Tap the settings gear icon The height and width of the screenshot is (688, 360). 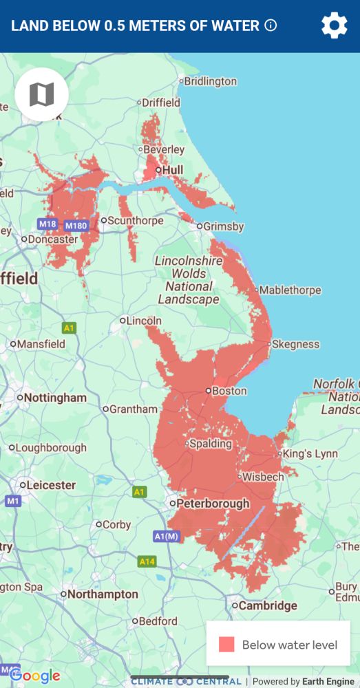(x=335, y=26)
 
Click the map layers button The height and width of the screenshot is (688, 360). (x=41, y=95)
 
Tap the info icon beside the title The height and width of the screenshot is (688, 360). (x=271, y=26)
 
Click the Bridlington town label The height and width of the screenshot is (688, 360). (x=211, y=81)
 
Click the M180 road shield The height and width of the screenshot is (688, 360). (x=76, y=226)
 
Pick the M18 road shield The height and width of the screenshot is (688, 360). (x=47, y=224)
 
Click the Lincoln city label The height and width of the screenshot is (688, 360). (x=145, y=321)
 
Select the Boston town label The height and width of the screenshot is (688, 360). (x=229, y=391)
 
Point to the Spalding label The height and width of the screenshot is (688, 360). (x=210, y=444)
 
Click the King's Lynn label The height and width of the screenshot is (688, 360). (x=310, y=454)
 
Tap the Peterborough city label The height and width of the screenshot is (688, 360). (x=213, y=504)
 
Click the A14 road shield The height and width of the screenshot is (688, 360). (x=147, y=562)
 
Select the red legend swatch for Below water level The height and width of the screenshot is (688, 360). (x=226, y=645)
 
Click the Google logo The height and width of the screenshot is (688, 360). (x=34, y=676)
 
